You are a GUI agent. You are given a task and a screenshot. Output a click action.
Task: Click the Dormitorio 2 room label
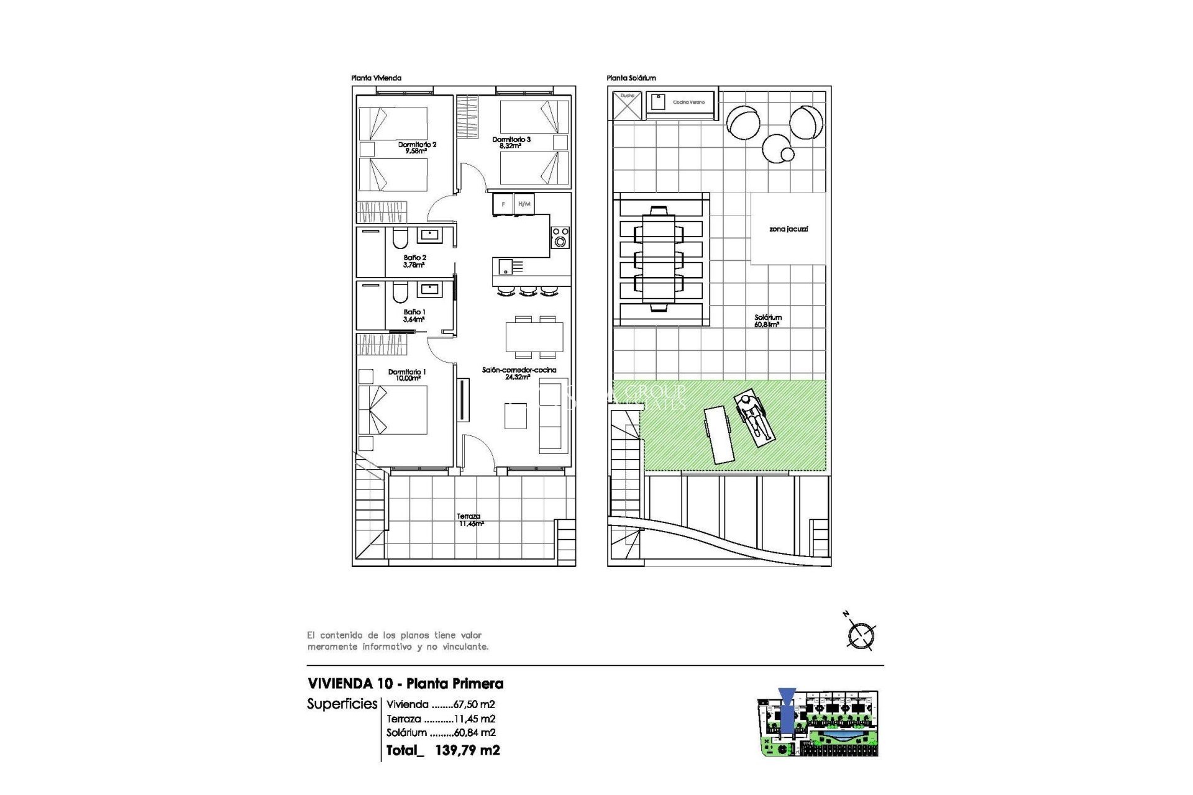417,147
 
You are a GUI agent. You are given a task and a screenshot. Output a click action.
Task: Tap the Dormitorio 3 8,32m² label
511,143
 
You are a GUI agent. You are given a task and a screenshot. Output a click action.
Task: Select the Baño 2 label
414,261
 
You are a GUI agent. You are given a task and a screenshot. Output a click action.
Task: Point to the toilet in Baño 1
400,292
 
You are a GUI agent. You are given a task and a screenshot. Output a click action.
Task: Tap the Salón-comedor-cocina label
519,373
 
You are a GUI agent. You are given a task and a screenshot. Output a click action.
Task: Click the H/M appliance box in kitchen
524,204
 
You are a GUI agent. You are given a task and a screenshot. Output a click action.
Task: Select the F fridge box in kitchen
503,204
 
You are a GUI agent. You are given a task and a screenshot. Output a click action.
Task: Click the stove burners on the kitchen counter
560,237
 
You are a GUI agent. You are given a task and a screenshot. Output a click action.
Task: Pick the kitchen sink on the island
506,267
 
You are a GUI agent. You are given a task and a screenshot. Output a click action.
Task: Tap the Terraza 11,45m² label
469,520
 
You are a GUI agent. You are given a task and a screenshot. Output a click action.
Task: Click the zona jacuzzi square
788,229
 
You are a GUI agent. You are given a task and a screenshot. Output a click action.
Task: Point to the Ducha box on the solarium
626,105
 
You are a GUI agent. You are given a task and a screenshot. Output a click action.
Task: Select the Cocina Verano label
688,102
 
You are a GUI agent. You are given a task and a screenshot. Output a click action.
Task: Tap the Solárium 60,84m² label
768,320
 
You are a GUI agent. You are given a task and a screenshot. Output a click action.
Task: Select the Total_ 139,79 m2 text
442,750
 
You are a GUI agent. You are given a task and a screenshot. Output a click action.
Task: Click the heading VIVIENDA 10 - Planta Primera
405,684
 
